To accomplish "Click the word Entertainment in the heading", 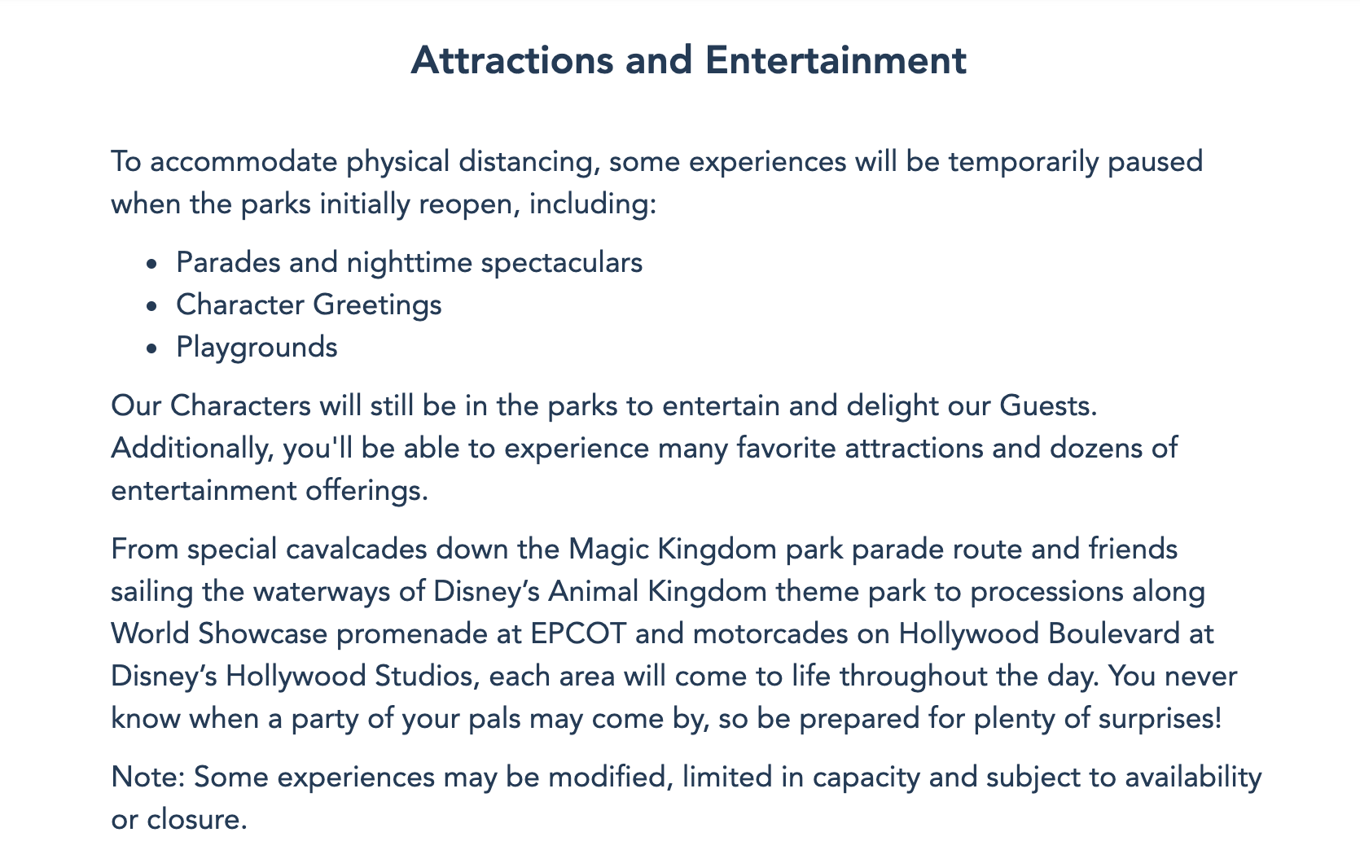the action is pyautogui.click(x=836, y=61).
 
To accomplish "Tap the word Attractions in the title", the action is pyautogui.click(x=512, y=61).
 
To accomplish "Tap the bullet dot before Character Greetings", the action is pyautogui.click(x=151, y=306).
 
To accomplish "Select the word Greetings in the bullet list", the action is pyautogui.click(x=377, y=305).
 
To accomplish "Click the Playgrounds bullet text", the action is pyautogui.click(x=257, y=348).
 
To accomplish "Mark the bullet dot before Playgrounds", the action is pyautogui.click(x=151, y=348).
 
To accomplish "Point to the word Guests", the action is pyautogui.click(x=1049, y=406).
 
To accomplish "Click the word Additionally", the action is pyautogui.click(x=192, y=449).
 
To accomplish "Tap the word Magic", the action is pyautogui.click(x=609, y=550).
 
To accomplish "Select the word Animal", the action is pyautogui.click(x=593, y=592).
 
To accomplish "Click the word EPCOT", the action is pyautogui.click(x=578, y=634).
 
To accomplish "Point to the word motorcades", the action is pyautogui.click(x=770, y=634).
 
